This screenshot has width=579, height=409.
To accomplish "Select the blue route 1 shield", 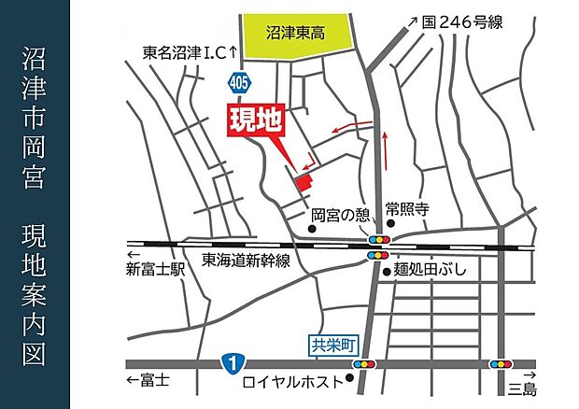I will coord(229,360).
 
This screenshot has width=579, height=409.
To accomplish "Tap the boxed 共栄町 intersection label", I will coord(333,344).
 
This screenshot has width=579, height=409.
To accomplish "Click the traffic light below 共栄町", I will coord(365,362).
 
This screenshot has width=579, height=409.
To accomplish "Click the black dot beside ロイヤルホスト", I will coord(349,379).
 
